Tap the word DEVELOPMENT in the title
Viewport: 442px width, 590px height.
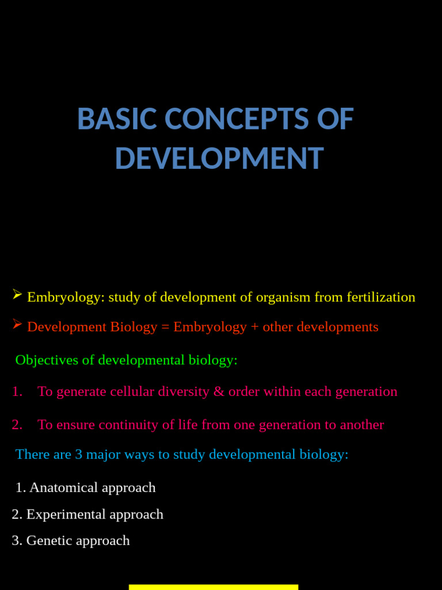(219, 158)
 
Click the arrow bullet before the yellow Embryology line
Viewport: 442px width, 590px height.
(17, 296)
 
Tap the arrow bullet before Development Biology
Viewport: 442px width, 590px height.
(17, 325)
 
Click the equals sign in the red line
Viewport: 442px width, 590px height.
(165, 327)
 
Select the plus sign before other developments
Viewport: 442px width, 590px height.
(254, 327)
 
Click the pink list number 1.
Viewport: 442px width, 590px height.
(17, 392)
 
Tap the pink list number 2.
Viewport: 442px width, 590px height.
(17, 425)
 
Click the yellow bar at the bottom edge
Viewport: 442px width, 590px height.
(213, 587)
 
